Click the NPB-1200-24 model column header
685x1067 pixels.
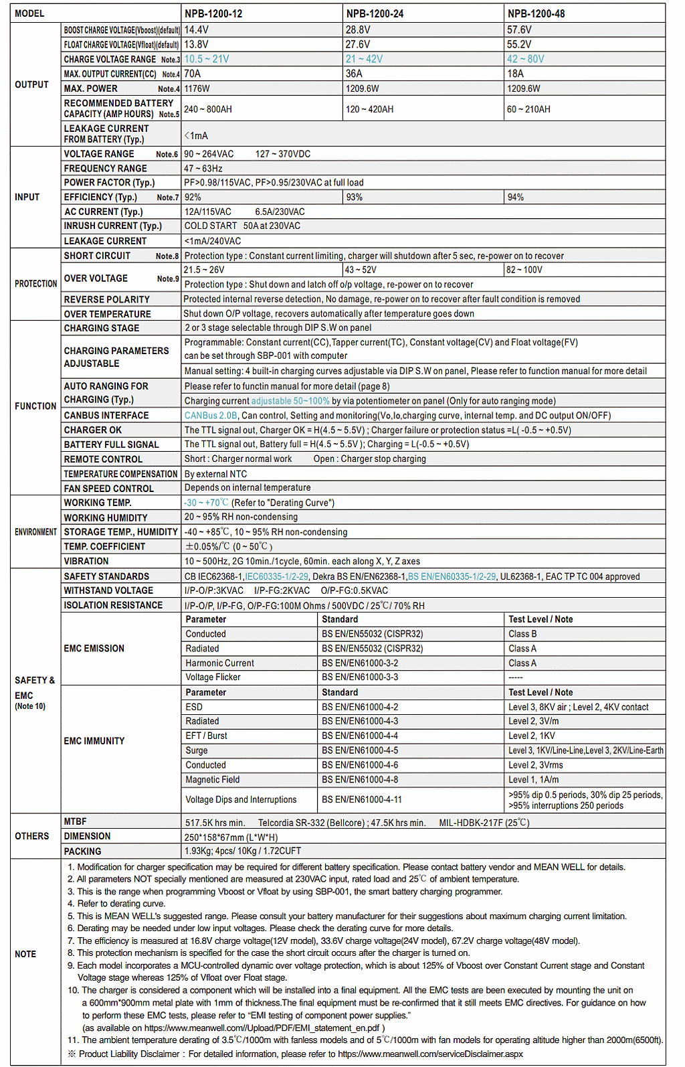(x=375, y=13)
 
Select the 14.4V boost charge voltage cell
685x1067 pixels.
(x=197, y=30)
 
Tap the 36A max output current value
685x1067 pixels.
(x=354, y=74)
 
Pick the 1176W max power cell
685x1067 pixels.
(x=197, y=88)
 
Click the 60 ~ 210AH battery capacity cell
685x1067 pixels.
(x=528, y=109)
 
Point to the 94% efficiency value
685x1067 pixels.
(x=516, y=197)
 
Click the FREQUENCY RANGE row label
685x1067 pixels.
(x=105, y=169)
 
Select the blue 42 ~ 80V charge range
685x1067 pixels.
(x=526, y=59)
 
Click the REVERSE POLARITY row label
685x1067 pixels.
(x=106, y=299)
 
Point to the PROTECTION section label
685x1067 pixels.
(x=35, y=284)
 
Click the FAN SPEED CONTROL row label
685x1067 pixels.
(x=108, y=489)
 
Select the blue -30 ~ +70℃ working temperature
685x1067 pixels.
(x=206, y=503)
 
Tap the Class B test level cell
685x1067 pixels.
(x=522, y=634)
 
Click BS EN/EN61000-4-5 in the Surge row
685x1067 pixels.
(x=360, y=750)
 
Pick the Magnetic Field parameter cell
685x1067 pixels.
(x=213, y=780)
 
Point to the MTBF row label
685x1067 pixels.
(x=75, y=821)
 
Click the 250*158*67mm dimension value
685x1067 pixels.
(x=231, y=837)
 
